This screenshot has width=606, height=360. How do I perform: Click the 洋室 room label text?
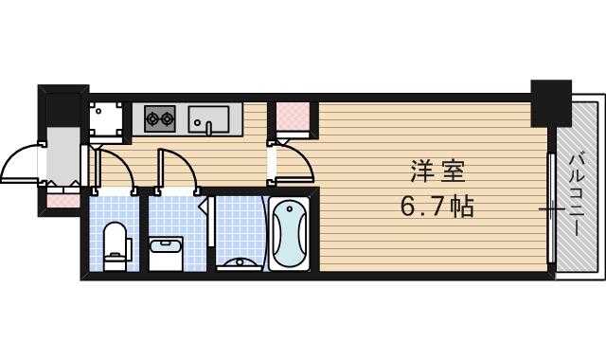[x=437, y=174]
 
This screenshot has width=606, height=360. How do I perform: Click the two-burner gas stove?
[x=160, y=119]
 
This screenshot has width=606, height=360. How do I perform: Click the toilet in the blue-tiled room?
[x=116, y=241]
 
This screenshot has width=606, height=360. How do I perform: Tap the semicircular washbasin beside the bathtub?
[x=236, y=263]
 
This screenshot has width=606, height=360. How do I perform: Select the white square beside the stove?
[x=106, y=118]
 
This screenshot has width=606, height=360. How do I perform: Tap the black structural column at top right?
[x=552, y=104]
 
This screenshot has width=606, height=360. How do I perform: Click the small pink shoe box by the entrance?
[x=62, y=200]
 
